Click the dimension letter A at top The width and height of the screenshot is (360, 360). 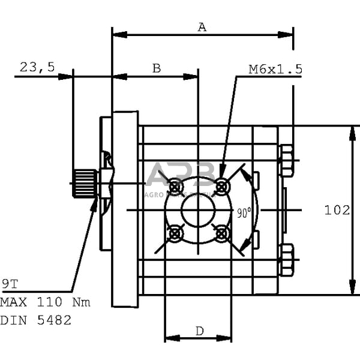[202, 27]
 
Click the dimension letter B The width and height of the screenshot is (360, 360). [156, 68]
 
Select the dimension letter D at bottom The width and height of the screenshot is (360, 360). [199, 331]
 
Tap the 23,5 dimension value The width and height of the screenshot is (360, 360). [37, 68]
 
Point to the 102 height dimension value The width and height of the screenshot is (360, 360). [337, 210]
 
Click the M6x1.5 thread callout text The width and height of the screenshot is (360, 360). [275, 70]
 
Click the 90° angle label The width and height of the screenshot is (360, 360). [243, 212]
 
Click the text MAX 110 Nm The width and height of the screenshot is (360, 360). [45, 302]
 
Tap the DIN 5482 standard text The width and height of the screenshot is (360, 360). [36, 320]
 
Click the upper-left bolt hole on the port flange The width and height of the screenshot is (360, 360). [175, 187]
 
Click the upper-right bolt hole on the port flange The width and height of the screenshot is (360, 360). [222, 187]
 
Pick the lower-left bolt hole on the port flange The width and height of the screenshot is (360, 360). [175, 233]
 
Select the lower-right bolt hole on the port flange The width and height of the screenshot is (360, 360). [222, 233]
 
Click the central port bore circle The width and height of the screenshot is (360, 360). [199, 209]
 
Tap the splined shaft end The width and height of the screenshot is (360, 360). [85, 183]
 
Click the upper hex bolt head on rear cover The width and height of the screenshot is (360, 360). [286, 161]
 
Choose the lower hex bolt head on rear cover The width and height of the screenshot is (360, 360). [286, 259]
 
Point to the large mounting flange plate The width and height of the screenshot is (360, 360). [125, 209]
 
